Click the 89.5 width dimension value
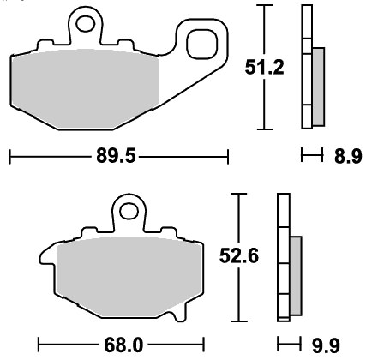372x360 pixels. point(116,156)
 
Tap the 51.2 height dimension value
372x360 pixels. point(265,68)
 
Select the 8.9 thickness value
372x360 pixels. point(348,156)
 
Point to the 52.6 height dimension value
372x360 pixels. point(239,255)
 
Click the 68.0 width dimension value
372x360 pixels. point(123,345)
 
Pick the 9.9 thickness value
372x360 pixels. point(326,345)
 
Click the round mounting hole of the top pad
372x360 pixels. point(85,23)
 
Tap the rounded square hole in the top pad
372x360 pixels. point(202,44)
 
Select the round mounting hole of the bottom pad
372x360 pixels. point(129,211)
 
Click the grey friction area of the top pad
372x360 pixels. point(85,88)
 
